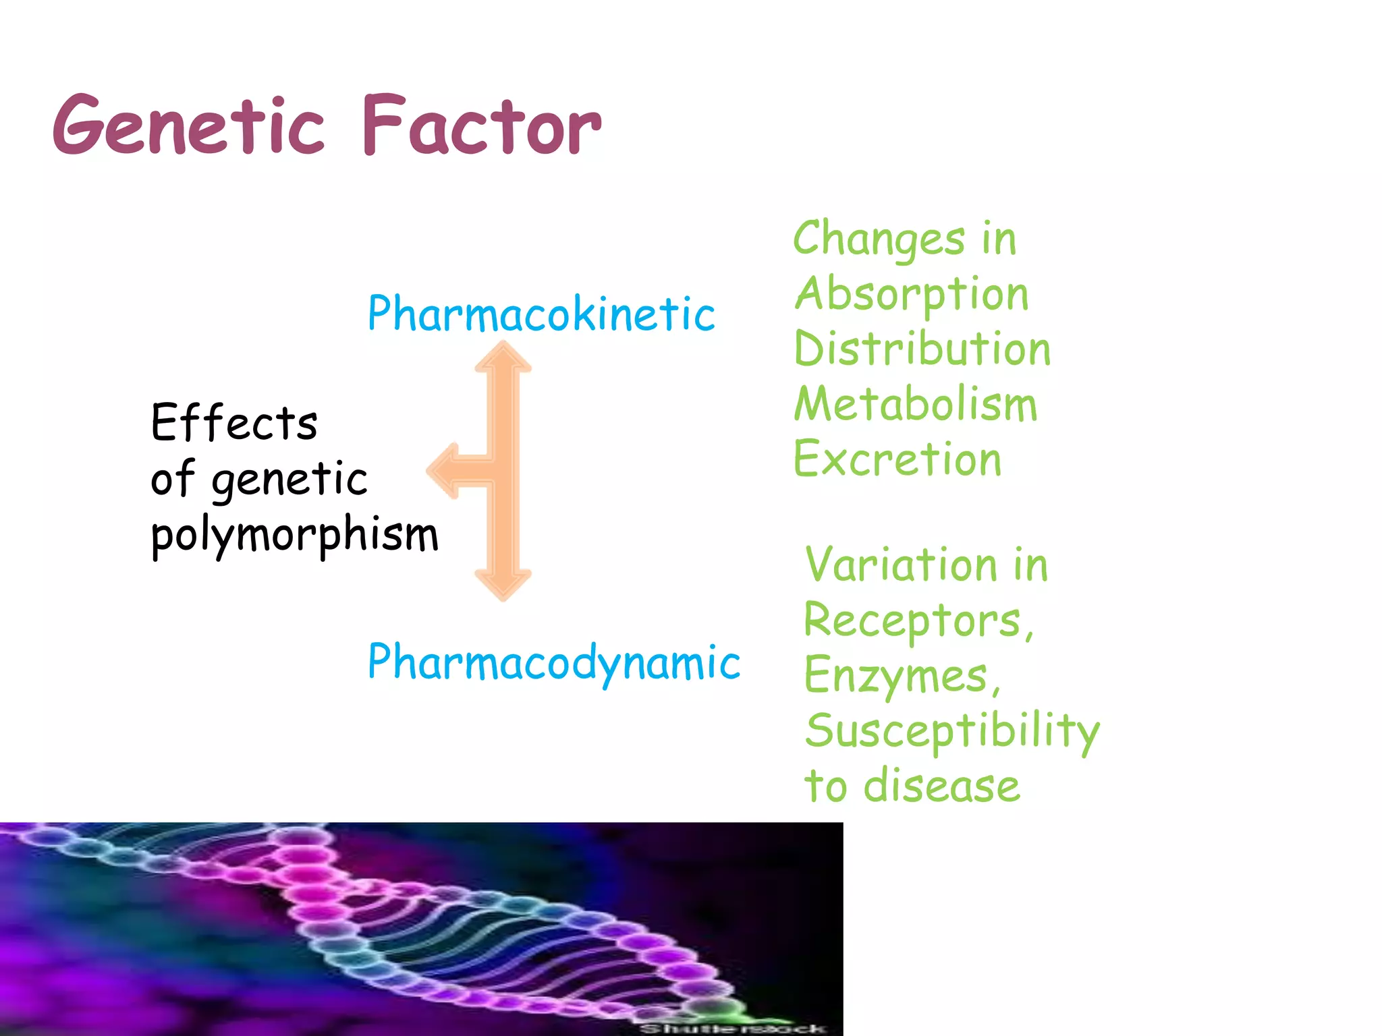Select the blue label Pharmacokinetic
[541, 314]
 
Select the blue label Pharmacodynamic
[553, 662]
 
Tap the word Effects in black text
[233, 423]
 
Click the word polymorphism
[294, 535]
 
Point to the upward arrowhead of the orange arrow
[503, 357]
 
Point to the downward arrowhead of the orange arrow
[503, 584]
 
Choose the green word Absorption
[911, 295]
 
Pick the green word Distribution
[922, 349]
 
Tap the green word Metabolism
[915, 405]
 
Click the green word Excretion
[897, 460]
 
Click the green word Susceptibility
[952, 731]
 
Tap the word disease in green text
[941, 786]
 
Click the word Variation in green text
[901, 565]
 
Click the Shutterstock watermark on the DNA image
[732, 1028]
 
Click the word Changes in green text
[879, 239]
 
